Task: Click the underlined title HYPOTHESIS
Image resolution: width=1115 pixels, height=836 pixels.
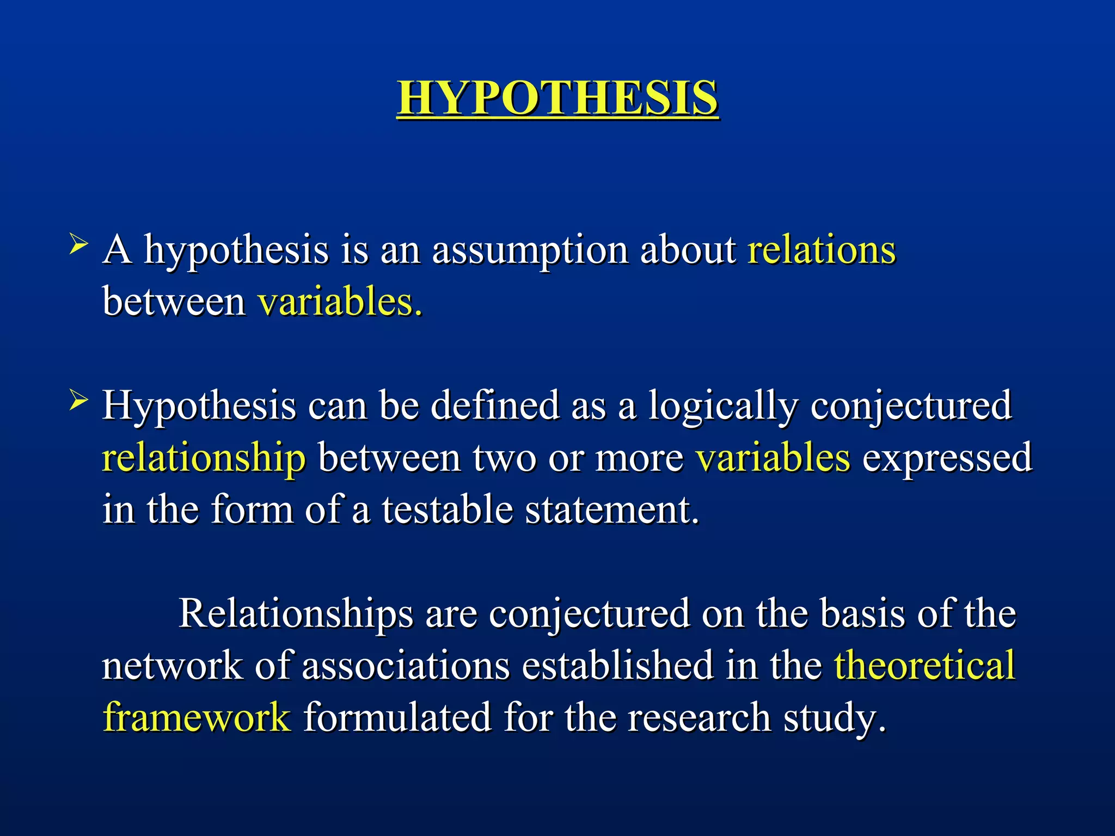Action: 557,98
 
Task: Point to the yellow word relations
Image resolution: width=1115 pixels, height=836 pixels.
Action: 822,250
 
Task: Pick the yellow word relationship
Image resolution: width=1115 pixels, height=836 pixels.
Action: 204,459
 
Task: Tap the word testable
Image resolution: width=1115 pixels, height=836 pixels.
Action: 447,510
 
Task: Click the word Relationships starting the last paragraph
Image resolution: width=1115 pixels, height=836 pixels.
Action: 296,614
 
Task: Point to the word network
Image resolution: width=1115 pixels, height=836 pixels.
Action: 172,666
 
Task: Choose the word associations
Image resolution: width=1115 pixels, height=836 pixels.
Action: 406,666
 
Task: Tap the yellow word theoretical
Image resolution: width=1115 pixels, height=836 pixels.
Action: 925,666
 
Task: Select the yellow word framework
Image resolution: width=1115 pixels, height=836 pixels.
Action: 197,717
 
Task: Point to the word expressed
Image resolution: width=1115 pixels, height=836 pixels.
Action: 947,459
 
